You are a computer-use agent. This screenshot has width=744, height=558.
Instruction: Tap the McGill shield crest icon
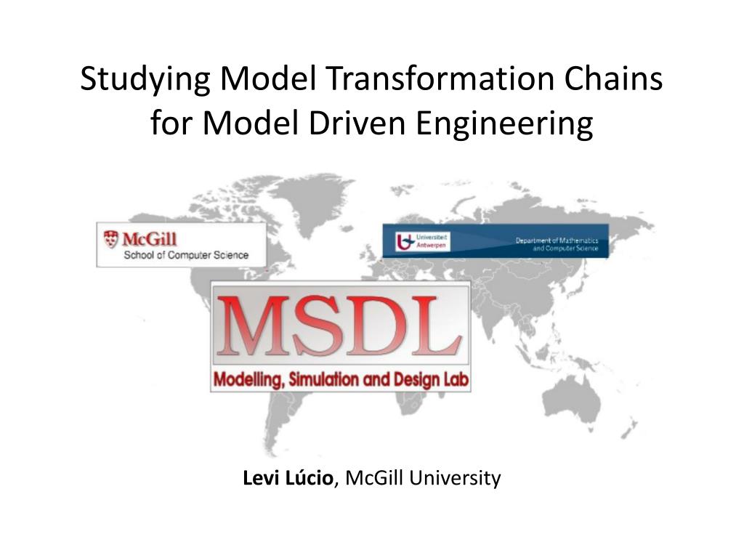click(110, 238)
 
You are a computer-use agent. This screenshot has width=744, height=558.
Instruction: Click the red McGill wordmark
click(150, 238)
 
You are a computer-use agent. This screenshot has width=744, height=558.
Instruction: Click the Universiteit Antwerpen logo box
click(422, 242)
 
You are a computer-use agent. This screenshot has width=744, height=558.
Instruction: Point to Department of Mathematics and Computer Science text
click(557, 244)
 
